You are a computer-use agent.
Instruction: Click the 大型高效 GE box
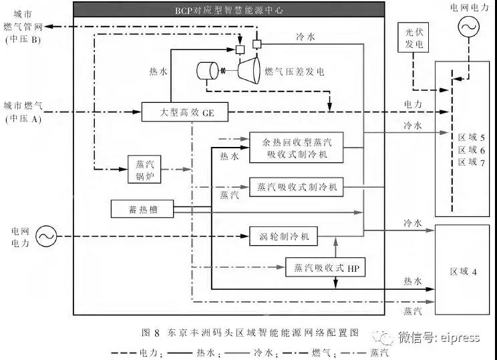[184, 112]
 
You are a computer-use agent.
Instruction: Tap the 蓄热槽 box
[142, 210]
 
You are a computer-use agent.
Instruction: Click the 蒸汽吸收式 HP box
[327, 267]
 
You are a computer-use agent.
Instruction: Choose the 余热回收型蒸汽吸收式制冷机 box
[296, 148]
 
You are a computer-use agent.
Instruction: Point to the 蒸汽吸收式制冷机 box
[296, 187]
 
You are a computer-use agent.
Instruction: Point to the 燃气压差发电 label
[295, 71]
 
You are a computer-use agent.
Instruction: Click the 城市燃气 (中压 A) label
[23, 112]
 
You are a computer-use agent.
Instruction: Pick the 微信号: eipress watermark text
[438, 337]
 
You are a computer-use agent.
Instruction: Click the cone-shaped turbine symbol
[248, 69]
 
